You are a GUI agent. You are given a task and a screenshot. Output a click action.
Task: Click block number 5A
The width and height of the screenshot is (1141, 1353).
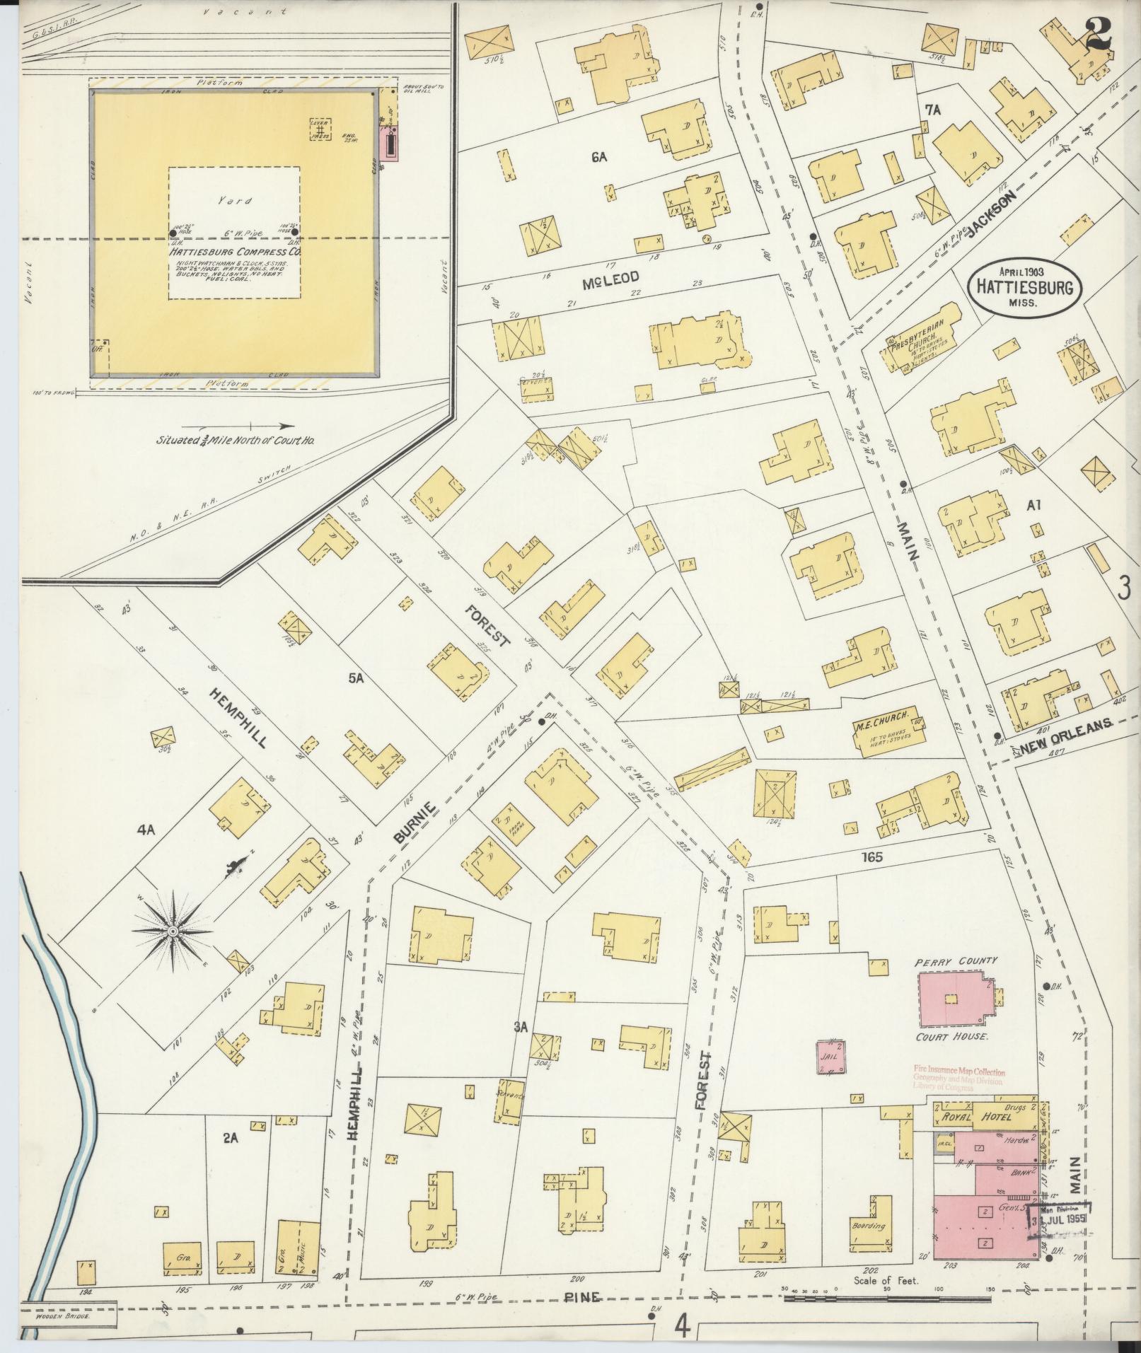point(356,678)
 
